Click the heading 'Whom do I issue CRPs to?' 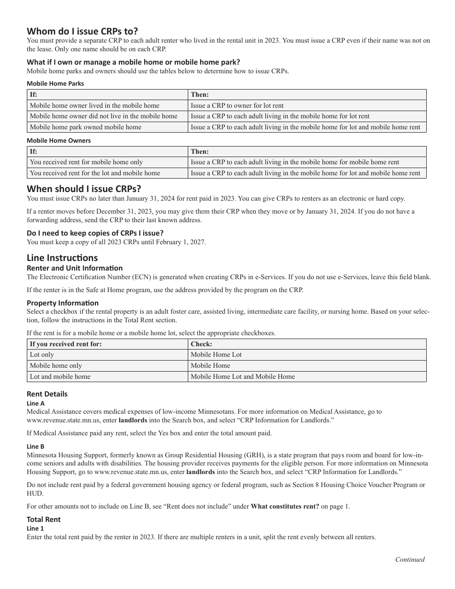[82, 31]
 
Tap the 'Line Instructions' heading [62, 258]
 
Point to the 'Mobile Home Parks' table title [55, 83]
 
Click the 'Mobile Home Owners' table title [58, 140]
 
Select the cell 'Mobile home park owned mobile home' [86, 127]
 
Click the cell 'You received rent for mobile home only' [86, 162]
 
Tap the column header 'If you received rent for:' [66, 344]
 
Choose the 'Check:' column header [201, 344]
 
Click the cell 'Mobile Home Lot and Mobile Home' [243, 376]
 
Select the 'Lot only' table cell [42, 355]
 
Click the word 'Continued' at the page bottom [409, 559]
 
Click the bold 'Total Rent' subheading [44, 519]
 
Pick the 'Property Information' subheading [63, 303]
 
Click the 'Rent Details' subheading [47, 394]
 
